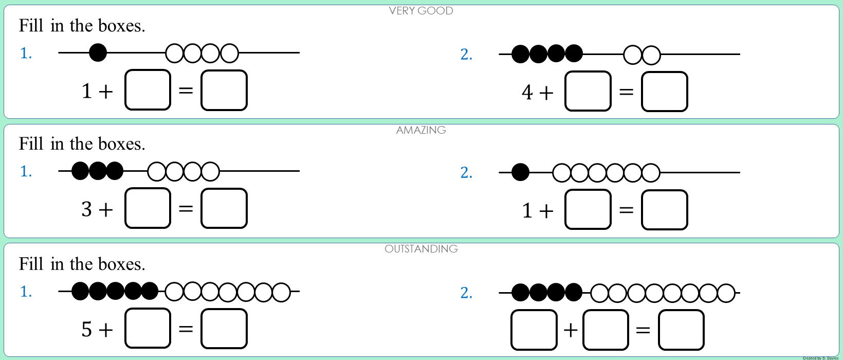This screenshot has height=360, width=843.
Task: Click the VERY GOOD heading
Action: point(421,11)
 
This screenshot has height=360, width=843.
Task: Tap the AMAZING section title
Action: point(421,130)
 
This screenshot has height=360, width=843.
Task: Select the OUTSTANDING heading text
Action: point(421,249)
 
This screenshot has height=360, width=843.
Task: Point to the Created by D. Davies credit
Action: point(820,358)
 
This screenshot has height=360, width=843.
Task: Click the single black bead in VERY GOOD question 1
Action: point(98,52)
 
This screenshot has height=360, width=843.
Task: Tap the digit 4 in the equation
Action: point(527,93)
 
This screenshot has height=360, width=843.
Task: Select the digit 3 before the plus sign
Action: point(86,209)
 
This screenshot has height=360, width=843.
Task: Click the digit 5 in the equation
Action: point(86,329)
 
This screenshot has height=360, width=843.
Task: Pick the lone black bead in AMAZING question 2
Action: point(520,172)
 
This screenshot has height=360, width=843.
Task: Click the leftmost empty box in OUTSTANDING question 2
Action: point(534,330)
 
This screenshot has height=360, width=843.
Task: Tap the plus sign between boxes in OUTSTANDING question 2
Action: point(571,330)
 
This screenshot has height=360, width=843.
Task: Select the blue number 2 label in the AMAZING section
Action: point(466,173)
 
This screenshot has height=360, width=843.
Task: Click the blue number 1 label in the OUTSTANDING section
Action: point(26,292)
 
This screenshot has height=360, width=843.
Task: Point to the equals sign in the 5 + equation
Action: point(186,329)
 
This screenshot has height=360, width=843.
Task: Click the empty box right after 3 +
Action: point(148,208)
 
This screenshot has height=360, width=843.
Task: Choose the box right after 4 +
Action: point(588,92)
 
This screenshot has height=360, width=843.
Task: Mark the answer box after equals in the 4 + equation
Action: point(664,92)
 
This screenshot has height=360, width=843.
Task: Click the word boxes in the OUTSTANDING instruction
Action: point(121,264)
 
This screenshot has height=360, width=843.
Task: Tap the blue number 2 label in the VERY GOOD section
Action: point(466,55)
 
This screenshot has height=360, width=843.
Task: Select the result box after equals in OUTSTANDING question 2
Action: point(681,330)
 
